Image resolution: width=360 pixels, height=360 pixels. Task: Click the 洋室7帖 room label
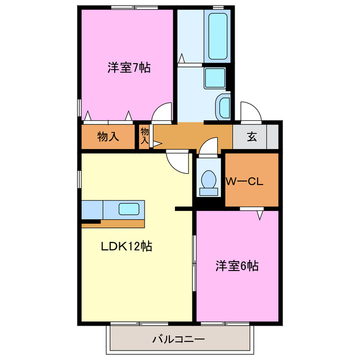(x=129, y=68)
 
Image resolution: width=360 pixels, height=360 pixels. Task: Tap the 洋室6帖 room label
(x=237, y=266)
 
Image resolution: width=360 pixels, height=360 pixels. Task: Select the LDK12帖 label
(x=127, y=246)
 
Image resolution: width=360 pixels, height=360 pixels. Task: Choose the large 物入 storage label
(x=108, y=137)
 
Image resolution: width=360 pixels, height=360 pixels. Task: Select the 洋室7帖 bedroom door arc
(x=163, y=113)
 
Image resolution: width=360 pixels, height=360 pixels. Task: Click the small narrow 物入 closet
(x=145, y=136)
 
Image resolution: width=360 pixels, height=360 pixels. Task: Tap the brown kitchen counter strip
(x=113, y=223)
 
